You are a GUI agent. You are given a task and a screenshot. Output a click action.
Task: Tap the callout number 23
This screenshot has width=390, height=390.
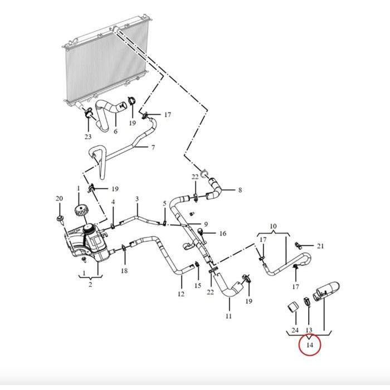[88, 136]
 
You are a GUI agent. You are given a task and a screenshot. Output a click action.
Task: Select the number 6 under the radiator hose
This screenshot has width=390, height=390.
[115, 131]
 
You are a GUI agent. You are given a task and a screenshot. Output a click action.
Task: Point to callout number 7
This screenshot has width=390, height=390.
[153, 147]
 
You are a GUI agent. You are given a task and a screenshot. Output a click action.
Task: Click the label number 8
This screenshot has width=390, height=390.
[240, 190]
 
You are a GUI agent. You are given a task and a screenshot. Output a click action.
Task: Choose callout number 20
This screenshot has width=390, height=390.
[60, 199]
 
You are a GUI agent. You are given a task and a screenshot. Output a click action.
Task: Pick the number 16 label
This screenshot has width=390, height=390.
[223, 233]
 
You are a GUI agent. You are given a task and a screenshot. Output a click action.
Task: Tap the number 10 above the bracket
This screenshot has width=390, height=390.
[273, 227]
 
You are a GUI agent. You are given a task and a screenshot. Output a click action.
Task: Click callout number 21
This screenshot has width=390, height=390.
[320, 246]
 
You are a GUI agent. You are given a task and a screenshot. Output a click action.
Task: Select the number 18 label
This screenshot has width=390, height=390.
[124, 271]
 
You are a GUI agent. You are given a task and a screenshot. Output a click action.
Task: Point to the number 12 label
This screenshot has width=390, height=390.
[181, 294]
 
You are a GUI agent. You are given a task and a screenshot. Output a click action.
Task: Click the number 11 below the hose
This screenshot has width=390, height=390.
[229, 316]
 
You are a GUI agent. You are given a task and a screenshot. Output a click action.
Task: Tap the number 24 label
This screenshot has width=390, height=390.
[295, 330]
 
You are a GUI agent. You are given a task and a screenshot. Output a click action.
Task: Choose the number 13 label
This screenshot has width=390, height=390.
[309, 330]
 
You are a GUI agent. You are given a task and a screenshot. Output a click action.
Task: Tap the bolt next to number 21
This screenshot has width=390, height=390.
[299, 245]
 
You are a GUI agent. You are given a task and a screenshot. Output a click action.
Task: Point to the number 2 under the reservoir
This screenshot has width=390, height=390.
[90, 285]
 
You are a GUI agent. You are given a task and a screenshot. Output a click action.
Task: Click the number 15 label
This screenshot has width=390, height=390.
[198, 285]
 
